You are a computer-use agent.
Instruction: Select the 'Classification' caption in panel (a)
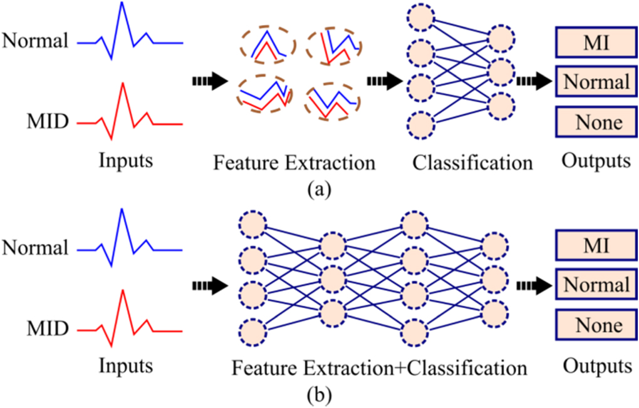(472, 163)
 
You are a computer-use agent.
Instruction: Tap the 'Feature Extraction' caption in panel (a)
(294, 163)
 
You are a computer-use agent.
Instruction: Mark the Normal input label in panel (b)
(35, 248)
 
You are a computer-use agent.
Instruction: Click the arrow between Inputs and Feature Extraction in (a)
(209, 80)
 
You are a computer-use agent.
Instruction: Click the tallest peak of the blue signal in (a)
(122, 5)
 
